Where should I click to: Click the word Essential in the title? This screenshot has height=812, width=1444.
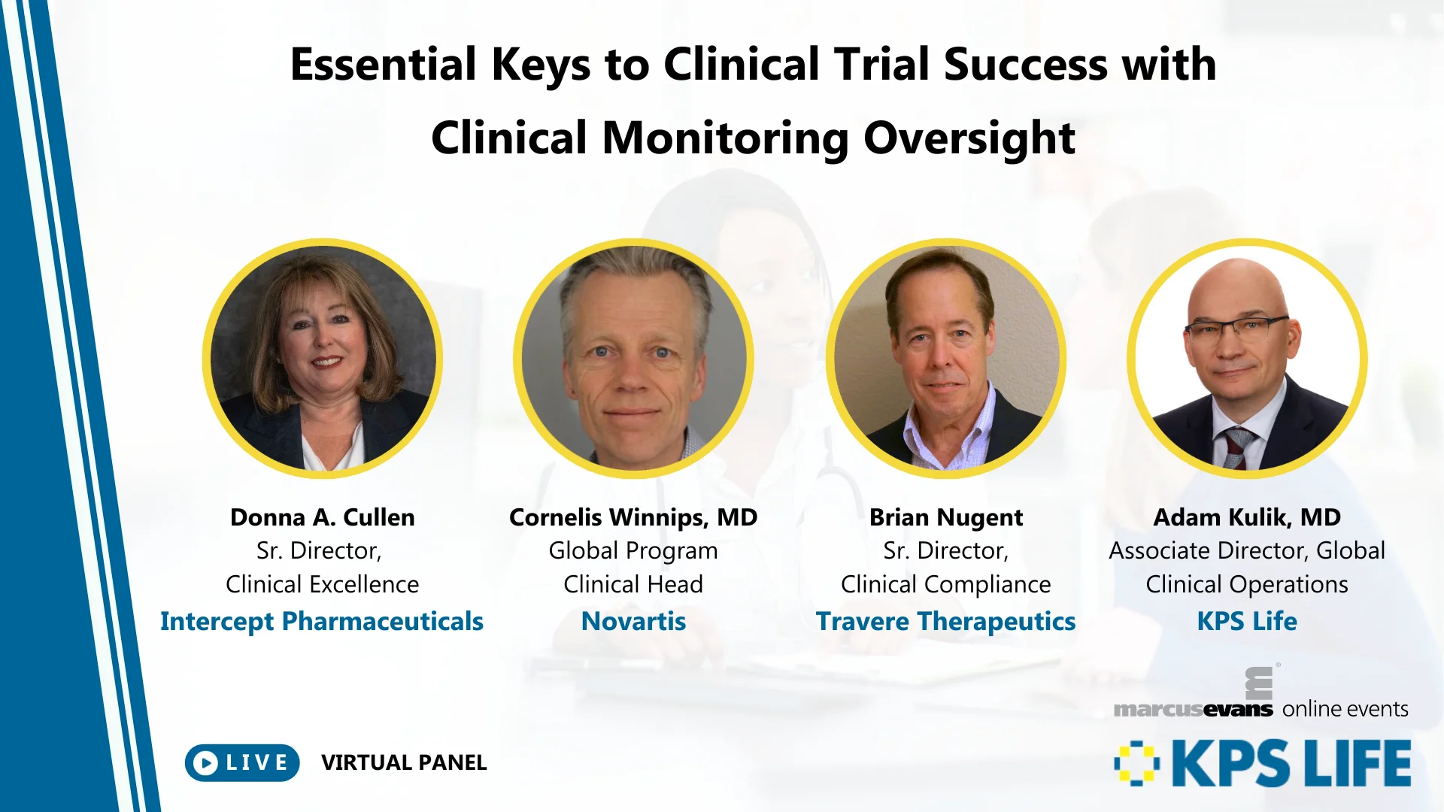pos(383,65)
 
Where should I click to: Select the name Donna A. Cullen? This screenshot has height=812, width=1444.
pos(322,517)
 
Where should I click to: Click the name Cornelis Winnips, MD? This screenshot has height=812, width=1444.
pos(633,517)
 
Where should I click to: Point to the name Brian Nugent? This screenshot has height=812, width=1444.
pos(945,517)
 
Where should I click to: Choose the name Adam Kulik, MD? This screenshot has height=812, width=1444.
pos(1246,517)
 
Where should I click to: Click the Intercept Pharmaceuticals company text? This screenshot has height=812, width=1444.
pos(322,622)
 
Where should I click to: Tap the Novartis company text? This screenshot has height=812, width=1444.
pos(633,622)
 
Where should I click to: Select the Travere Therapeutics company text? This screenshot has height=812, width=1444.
pos(945,622)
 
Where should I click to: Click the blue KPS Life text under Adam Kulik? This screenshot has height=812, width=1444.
pos(1246,622)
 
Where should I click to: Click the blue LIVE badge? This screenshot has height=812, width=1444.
pos(242,762)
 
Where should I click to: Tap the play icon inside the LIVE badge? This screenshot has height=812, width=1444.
pos(205,763)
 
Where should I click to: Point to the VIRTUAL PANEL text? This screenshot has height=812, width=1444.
pos(404,762)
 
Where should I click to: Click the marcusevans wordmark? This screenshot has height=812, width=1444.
pos(1193,709)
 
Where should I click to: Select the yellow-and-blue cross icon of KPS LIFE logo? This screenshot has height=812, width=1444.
pos(1136,763)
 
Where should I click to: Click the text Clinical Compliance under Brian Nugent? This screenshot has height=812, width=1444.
pos(945,584)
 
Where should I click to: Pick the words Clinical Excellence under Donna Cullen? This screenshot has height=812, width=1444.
pos(322,584)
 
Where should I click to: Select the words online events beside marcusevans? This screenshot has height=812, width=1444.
pos(1345,709)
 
